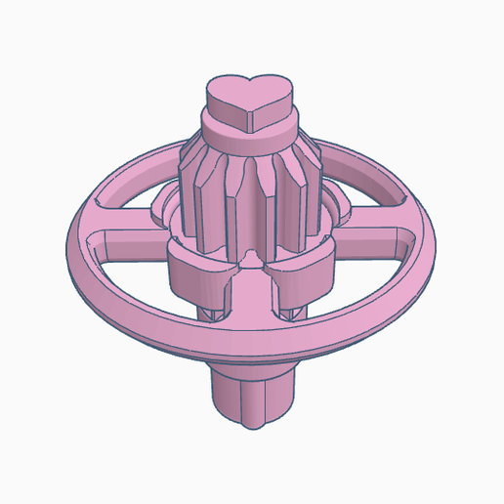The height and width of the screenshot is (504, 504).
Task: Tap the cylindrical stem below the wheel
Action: pyautogui.click(x=252, y=391)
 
